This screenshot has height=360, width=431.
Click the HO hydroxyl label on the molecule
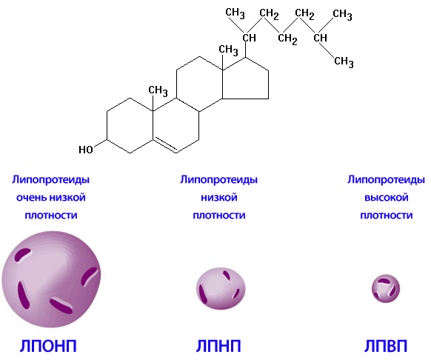tap(86, 150)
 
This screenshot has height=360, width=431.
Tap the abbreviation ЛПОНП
tap(48, 346)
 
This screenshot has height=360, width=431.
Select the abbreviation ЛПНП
tap(218, 346)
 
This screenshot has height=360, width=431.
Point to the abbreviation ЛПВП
tap(386, 346)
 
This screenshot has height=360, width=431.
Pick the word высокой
tap(387, 198)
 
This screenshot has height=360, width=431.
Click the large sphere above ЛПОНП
tap(51, 279)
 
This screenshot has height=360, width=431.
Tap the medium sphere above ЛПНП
tap(221, 289)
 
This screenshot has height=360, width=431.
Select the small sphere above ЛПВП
tap(386, 289)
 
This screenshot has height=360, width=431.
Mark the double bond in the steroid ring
tap(165, 145)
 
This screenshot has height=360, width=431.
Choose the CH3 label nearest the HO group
tap(158, 91)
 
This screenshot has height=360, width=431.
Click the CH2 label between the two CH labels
tap(287, 39)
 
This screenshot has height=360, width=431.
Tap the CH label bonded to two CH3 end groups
tap(321, 38)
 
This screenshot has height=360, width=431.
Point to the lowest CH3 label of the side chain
tap(344, 61)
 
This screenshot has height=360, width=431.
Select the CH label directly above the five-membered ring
tap(250, 38)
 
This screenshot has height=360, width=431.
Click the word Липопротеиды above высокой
tap(386, 180)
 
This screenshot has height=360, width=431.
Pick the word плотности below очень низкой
tap(51, 216)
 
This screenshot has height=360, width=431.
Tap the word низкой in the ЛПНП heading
tap(219, 198)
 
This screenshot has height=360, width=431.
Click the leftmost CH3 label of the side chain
tap(235, 13)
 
